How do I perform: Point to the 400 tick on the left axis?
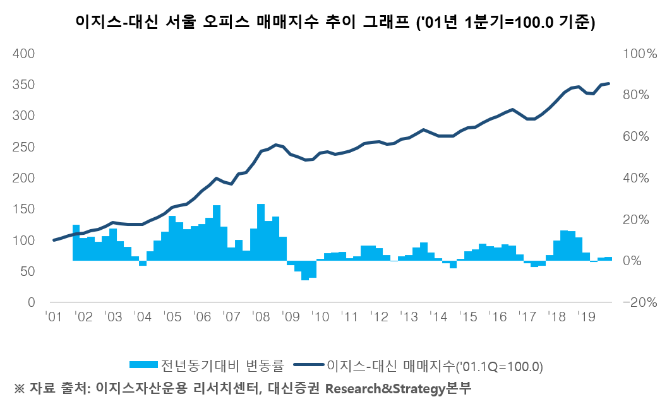point(23,54)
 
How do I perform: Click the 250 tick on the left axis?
point(23,147)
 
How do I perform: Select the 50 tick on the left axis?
point(27,271)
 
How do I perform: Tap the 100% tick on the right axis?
point(639,54)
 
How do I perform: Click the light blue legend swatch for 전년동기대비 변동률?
point(143,365)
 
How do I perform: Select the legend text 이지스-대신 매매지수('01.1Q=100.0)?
point(435,365)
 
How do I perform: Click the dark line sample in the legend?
point(310,365)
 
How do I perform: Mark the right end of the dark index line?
point(609,83)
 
